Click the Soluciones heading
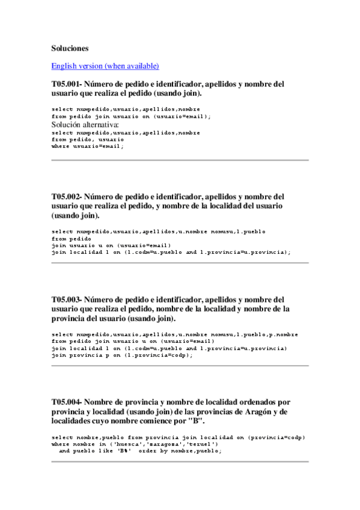click(x=70, y=48)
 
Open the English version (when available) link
click(x=105, y=66)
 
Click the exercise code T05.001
click(x=66, y=84)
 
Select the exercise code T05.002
click(x=66, y=197)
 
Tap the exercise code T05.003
click(x=66, y=299)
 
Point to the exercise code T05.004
click(x=66, y=401)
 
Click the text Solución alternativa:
click(x=86, y=124)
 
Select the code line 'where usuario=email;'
click(x=88, y=146)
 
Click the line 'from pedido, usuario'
click(x=88, y=139)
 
